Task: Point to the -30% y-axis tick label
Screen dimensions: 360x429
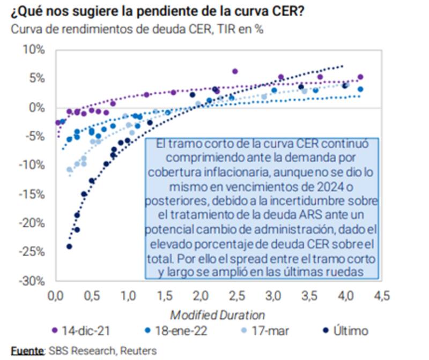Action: tap(34, 281)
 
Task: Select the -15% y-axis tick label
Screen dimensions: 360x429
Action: tap(34, 194)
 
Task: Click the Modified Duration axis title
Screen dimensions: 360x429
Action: tap(217, 314)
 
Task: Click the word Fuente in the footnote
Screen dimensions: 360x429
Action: tap(26, 351)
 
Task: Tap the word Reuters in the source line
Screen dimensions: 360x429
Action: tap(138, 351)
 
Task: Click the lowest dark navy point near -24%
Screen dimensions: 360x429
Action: tap(69, 246)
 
